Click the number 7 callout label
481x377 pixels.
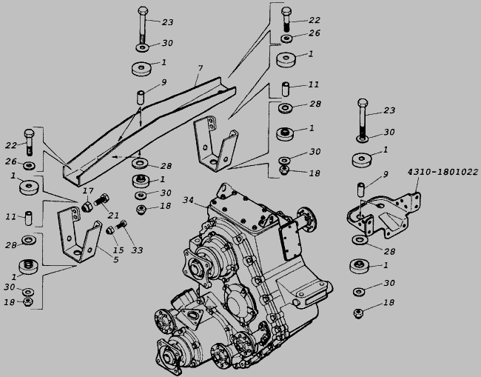[x=201, y=68]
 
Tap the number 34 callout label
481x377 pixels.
[x=188, y=200]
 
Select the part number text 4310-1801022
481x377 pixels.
[x=443, y=172]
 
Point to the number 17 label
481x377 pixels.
[x=88, y=190]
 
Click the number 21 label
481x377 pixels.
[x=113, y=216]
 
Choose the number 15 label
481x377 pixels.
[x=118, y=250]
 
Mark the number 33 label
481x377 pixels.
[x=137, y=250]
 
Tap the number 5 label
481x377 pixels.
[x=115, y=260]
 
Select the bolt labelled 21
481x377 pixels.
[x=101, y=200]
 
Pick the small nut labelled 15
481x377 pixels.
[x=110, y=230]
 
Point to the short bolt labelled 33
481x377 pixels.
[x=121, y=225]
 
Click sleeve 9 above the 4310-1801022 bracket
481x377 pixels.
[x=361, y=190]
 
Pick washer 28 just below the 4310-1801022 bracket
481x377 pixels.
[x=359, y=240]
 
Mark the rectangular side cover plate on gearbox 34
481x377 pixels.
[x=289, y=241]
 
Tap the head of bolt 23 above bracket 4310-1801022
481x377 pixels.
[x=363, y=103]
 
